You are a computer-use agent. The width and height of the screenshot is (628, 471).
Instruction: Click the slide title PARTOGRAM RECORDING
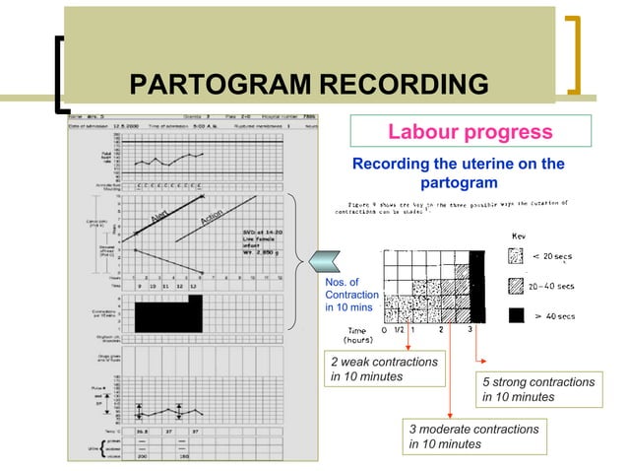click(x=310, y=86)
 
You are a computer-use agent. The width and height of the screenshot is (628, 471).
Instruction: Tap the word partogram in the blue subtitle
click(x=458, y=183)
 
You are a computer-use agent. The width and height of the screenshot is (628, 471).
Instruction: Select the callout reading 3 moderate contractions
click(x=473, y=437)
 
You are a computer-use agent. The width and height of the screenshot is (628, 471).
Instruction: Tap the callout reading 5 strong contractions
click(x=537, y=389)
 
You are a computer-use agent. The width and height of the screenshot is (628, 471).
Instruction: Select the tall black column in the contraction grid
click(x=478, y=285)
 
